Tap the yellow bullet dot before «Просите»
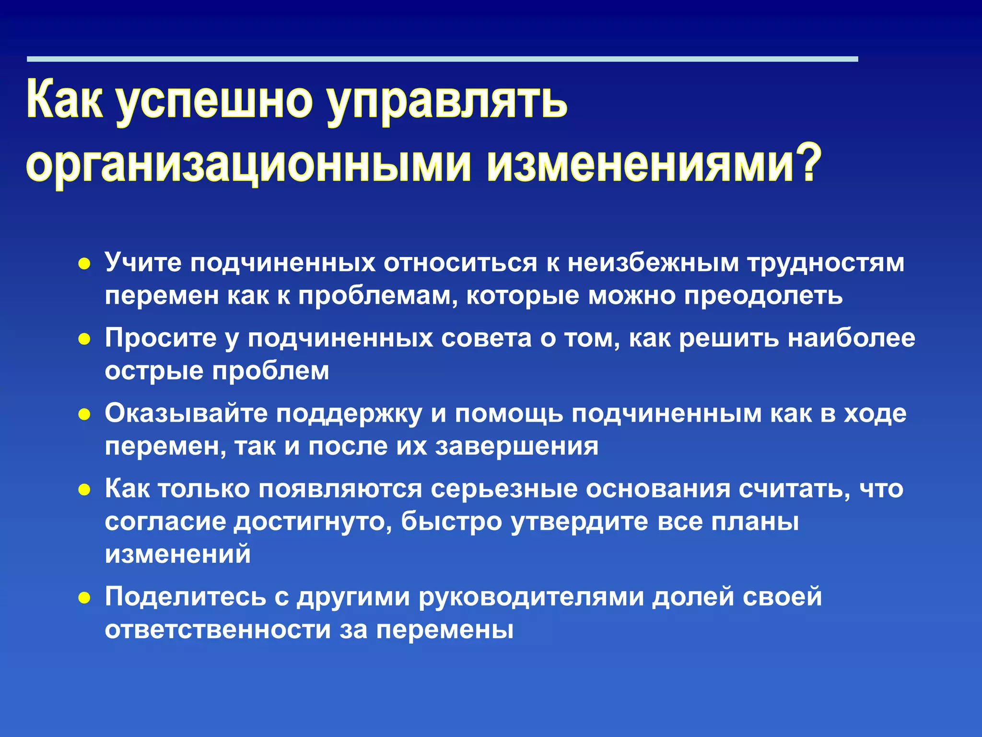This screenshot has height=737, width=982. pos(84,339)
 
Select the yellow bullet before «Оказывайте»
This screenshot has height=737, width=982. pos(84,415)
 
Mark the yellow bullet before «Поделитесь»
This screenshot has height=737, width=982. pos(84,598)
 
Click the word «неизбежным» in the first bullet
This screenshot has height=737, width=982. pos(653,263)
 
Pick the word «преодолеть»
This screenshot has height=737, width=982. pos(763,296)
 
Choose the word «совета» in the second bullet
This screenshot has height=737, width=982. pos(486,338)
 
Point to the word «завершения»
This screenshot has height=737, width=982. pos(516,446)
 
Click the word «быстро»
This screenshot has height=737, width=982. pos(451,522)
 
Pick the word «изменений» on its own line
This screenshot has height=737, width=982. pos(178,554)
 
